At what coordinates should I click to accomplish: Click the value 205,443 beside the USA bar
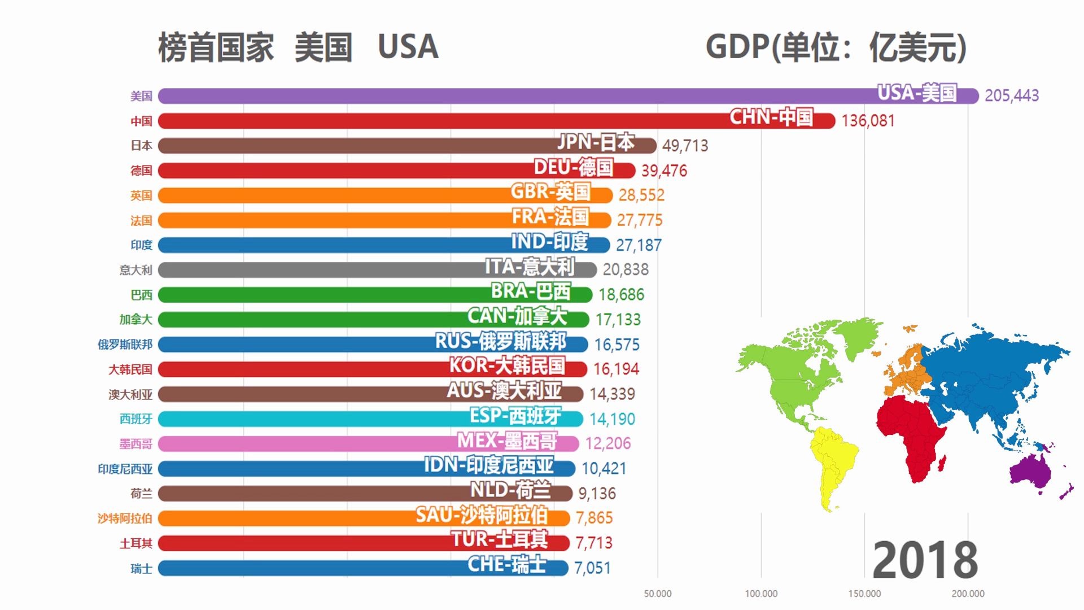pyautogui.click(x=1011, y=95)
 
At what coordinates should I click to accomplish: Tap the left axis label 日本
pyautogui.click(x=141, y=146)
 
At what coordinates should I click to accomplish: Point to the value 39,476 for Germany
pyautogui.click(x=664, y=171)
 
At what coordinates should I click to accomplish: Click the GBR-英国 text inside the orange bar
pyautogui.click(x=550, y=192)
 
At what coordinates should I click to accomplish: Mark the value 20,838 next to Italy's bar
pyautogui.click(x=626, y=269)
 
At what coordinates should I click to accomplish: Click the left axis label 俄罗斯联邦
pyautogui.click(x=125, y=345)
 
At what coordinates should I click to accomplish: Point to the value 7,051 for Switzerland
pyautogui.click(x=592, y=568)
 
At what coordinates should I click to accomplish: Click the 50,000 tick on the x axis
pyautogui.click(x=658, y=594)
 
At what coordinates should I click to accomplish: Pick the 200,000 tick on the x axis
pyautogui.click(x=968, y=594)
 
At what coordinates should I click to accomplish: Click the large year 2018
pyautogui.click(x=925, y=560)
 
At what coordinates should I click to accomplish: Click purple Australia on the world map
pyautogui.click(x=1030, y=472)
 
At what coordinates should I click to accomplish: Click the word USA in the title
pyautogui.click(x=408, y=47)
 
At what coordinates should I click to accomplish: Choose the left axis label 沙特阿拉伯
pyautogui.click(x=125, y=518)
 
